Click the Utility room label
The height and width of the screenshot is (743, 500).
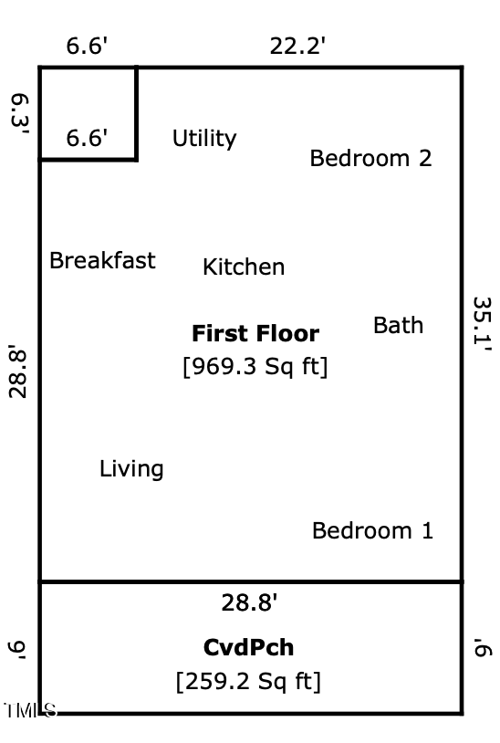204,139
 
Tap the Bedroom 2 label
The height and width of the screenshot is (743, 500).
370,158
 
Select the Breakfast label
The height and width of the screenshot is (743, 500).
102,261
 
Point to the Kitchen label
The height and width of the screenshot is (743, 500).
244,267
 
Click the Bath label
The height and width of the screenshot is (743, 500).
398,325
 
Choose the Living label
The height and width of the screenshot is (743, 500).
131,469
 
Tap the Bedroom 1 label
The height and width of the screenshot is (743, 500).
372,530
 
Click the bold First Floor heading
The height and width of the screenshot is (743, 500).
255,333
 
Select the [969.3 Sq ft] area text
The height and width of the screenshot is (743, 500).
255,367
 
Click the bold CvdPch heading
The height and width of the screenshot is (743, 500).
248,648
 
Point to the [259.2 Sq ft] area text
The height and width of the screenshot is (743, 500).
248,682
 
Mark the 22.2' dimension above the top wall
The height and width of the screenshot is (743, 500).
297,47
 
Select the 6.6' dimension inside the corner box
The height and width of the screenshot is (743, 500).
88,138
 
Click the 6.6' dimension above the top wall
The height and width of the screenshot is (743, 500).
88,47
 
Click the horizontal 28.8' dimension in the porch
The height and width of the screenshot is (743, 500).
249,603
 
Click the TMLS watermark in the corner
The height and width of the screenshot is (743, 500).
29,710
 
